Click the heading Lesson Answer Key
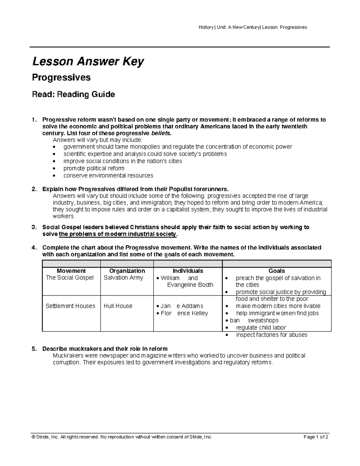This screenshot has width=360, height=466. [x=88, y=62]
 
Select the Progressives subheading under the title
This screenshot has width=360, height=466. [x=61, y=77]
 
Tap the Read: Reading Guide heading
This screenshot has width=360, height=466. [x=73, y=95]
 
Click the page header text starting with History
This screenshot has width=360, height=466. [x=253, y=27]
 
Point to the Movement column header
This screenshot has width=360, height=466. [x=71, y=271]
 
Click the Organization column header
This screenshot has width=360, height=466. [x=127, y=271]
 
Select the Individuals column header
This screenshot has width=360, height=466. [x=188, y=271]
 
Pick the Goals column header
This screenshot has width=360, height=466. [x=277, y=271]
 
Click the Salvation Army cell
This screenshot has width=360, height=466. [x=123, y=278]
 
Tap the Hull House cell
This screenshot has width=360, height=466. [x=118, y=306]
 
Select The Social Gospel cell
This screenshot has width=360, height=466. [x=70, y=278]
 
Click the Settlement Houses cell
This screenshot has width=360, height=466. [x=70, y=306]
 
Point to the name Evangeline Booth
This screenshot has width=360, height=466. [x=190, y=285]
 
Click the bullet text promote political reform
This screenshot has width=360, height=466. [x=94, y=168]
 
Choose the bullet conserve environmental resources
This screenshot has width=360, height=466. [x=108, y=176]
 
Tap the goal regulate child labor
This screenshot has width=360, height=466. [x=261, y=328]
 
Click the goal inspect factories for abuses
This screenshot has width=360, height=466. [x=271, y=335]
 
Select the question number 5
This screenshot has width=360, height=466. [x=34, y=349]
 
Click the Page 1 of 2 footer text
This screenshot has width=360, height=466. [x=316, y=437]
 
